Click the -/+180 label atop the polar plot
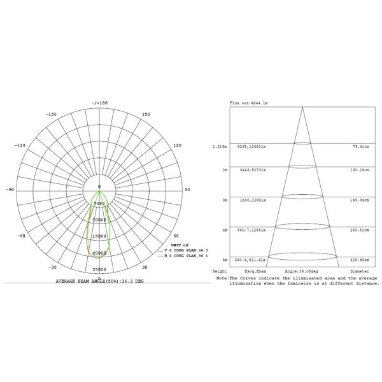coord(99,103)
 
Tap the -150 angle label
coord(52,115)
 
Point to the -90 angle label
coord(10,190)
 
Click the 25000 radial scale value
coord(99,270)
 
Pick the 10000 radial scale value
coord(99,220)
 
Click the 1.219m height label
coord(220,146)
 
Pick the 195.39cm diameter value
coord(362,200)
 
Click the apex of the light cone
coord(302,107)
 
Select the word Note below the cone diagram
coord(222,278)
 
